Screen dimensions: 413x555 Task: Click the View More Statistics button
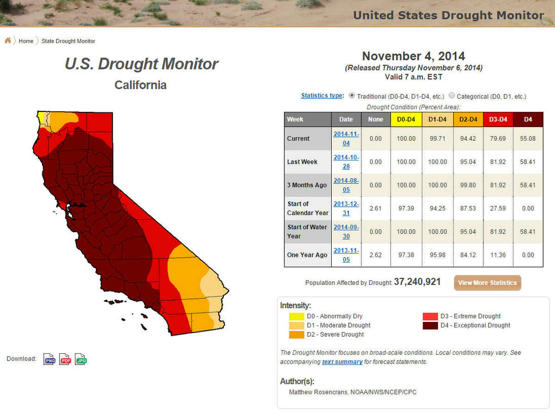coord(487,283)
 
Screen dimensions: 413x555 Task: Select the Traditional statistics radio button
coord(352,96)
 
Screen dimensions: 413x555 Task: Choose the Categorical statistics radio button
coord(452,96)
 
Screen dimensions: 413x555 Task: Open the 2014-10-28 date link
coord(346,162)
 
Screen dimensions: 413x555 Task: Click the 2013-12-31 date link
coord(346,208)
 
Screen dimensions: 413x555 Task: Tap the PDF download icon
coord(65,359)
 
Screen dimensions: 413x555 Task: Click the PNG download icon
coord(49,359)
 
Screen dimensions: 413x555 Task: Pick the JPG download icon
coord(81,359)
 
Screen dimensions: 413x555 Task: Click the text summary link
coord(342,362)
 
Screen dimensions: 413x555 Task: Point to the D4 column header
coord(528,119)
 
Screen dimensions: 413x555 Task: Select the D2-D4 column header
coord(468,119)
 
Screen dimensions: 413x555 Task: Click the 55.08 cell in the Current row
coord(528,138)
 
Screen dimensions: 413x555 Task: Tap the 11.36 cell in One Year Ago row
coord(498,255)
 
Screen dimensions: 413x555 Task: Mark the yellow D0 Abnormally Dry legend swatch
coord(296,316)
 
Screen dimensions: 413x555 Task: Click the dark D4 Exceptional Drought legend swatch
coord(430,326)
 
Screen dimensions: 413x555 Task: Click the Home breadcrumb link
coord(26,41)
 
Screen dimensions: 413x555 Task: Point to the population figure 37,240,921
coord(417,282)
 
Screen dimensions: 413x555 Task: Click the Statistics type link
coord(322,96)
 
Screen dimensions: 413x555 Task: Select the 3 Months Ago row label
coord(307,185)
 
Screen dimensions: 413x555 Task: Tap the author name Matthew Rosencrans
coord(319,392)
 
